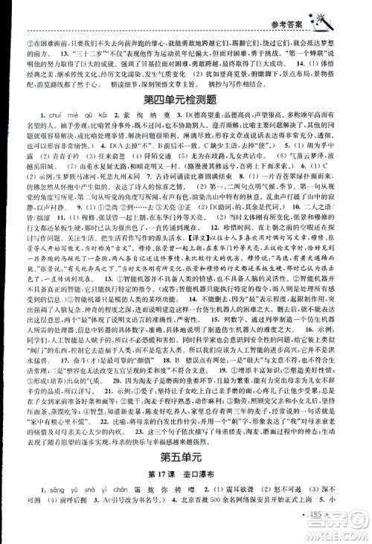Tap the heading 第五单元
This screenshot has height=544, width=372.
click(x=185, y=459)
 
